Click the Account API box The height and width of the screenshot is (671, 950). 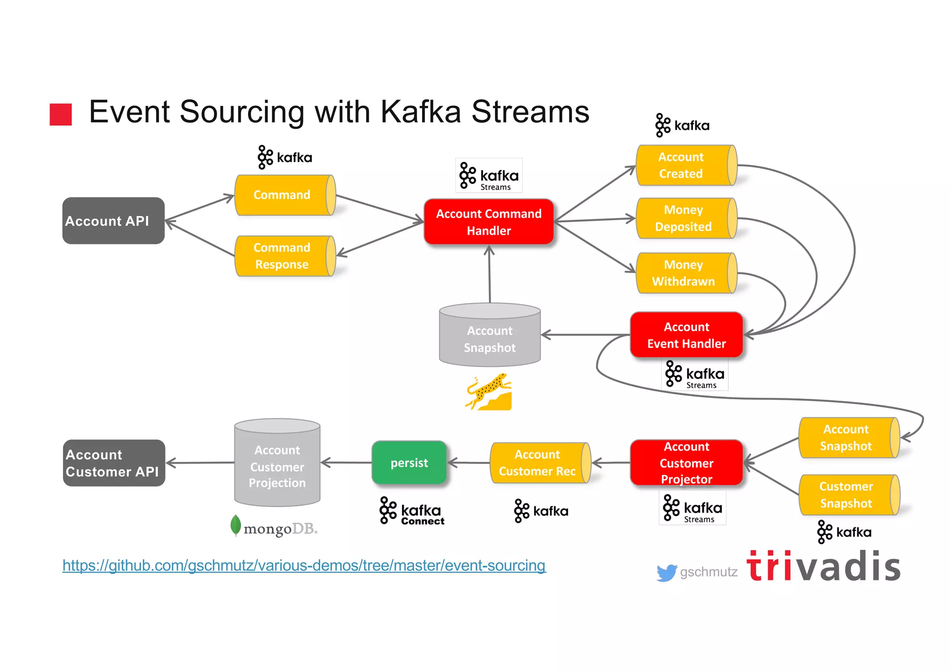113,221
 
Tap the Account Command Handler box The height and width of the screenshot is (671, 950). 488,222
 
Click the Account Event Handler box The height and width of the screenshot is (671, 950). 686,335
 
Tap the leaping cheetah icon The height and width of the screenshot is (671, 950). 489,392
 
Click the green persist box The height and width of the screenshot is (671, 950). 409,463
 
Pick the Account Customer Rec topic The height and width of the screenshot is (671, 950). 539,463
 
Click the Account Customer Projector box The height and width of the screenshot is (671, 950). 686,463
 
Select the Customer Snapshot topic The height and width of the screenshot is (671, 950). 848,495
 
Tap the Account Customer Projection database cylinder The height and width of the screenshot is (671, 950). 277,463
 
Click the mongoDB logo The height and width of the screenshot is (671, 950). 274,527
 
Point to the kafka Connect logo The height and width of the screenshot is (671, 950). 411,511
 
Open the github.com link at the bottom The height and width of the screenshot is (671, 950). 304,565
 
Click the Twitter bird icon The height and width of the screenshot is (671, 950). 666,573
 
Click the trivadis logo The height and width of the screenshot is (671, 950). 823,567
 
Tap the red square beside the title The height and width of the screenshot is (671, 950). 61,114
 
